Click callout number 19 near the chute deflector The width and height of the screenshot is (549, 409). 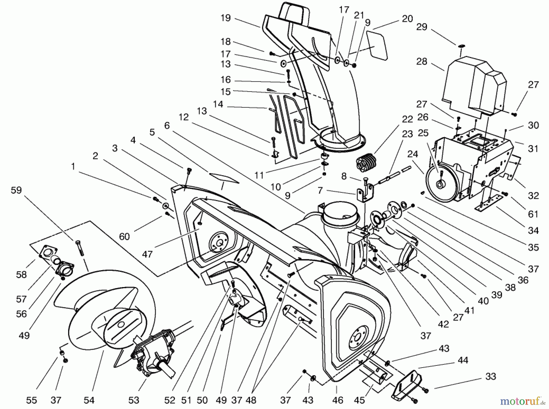226,18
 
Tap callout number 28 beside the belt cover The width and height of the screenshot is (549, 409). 422,62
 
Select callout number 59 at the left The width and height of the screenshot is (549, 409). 16,190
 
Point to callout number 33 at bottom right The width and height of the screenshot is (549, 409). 490,377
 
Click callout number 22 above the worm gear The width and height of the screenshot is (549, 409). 407,119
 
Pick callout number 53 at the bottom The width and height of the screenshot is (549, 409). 134,400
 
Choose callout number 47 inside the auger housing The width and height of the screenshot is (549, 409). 147,254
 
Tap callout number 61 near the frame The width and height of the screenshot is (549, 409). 533,214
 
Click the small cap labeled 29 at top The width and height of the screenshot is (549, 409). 461,46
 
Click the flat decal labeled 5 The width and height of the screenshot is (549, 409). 224,178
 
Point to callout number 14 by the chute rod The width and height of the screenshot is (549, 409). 218,104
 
